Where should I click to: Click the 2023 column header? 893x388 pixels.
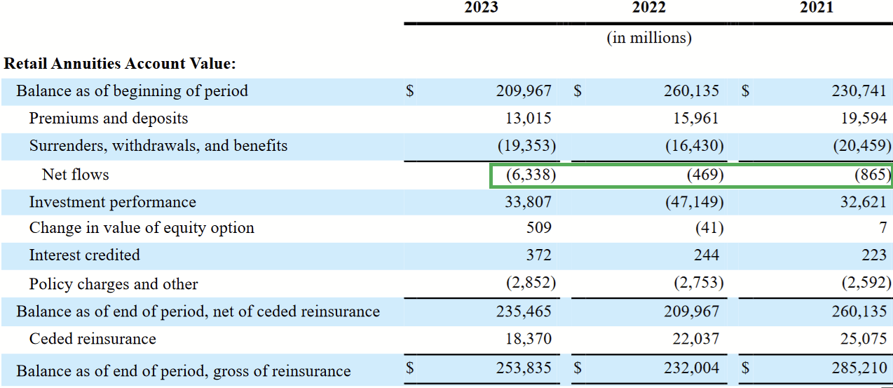point(481,8)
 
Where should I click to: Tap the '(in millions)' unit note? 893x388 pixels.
point(648,38)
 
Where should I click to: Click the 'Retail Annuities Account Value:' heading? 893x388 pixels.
point(120,64)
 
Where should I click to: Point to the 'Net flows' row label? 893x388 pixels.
point(76,174)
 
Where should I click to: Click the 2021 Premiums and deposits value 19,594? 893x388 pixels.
point(864,119)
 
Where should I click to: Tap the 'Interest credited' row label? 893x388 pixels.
point(84,255)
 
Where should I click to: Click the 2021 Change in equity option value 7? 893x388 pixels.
point(883,228)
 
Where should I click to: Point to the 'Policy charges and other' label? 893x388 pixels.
point(114,284)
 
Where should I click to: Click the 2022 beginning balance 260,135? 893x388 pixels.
point(691,91)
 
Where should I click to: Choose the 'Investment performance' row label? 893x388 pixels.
point(112,202)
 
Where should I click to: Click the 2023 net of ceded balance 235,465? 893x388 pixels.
point(524,311)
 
